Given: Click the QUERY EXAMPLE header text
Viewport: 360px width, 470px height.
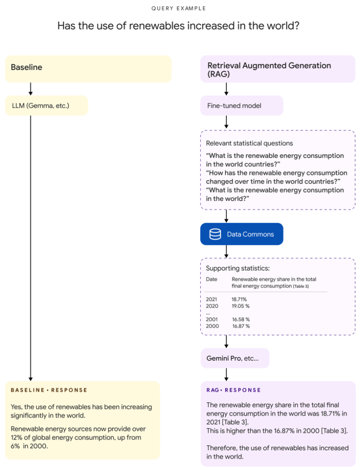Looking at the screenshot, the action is (179, 8).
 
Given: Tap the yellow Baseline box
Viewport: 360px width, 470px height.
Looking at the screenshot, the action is (88, 69).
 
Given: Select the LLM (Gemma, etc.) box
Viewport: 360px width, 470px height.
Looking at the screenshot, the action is (46, 106).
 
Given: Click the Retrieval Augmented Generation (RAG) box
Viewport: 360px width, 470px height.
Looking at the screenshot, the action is (277, 69).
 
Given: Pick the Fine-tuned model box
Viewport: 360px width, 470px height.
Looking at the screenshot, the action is (242, 106).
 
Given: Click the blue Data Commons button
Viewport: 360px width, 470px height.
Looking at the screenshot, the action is (242, 234).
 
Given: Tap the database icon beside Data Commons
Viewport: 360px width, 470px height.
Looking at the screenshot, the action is (215, 234).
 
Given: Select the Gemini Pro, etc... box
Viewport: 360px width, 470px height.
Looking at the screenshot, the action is (235, 358).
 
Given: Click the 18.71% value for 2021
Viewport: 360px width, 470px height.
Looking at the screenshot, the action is (239, 299).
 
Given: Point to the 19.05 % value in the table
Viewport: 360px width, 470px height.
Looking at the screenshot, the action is (241, 306).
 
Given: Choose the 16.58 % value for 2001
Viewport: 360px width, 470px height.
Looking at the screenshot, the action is (241, 319).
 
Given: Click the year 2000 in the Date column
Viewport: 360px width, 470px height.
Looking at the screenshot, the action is (213, 326).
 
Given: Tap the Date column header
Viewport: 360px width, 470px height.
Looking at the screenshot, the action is (212, 279).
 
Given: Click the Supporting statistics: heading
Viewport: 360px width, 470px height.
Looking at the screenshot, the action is (238, 268).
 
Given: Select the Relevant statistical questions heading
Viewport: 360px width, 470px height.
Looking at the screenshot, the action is (249, 143).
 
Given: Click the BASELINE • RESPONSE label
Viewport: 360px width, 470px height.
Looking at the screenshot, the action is (49, 390).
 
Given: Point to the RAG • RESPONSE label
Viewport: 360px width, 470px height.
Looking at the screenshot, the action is (233, 390).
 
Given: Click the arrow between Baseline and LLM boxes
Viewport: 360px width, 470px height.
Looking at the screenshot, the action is (31, 89).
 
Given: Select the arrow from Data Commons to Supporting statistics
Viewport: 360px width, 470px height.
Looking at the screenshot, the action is (226, 252).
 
